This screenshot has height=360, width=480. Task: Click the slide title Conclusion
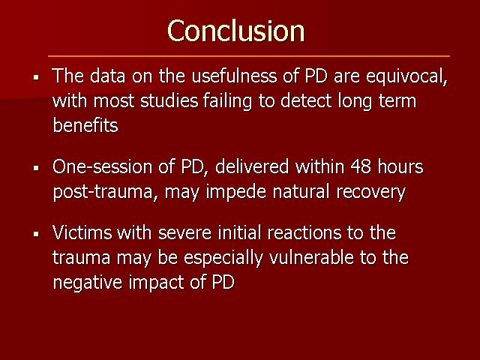pyautogui.click(x=235, y=31)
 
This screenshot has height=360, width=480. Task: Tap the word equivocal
pyautogui.click(x=406, y=76)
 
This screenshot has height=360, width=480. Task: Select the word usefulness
pyautogui.click(x=234, y=76)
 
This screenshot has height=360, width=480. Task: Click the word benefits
pyautogui.click(x=85, y=125)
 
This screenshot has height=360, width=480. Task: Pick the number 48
pyautogui.click(x=361, y=167)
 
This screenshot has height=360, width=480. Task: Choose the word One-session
pyautogui.click(x=102, y=167)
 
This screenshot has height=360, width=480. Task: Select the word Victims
pyautogui.click(x=82, y=232)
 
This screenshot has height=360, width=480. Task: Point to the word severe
pyautogui.click(x=184, y=233)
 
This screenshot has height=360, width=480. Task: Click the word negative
pyautogui.click(x=88, y=283)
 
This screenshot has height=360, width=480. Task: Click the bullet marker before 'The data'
pyautogui.click(x=37, y=77)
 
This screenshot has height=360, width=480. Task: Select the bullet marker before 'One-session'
pyautogui.click(x=37, y=168)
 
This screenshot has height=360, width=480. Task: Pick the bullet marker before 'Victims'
pyautogui.click(x=37, y=234)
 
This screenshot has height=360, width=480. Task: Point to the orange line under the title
pyautogui.click(x=249, y=56)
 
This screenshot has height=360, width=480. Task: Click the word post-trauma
pyautogui.click(x=105, y=193)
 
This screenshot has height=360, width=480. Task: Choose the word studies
pyautogui.click(x=169, y=101)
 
